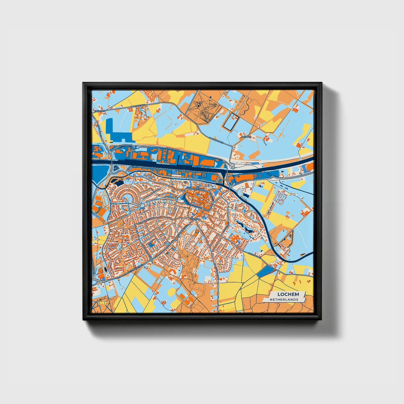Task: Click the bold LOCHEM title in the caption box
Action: (288, 294)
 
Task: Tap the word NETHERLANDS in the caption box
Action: (284, 299)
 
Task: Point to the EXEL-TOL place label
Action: (100, 111)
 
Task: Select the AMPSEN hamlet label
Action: (246, 137)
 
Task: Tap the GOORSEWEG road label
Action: (241, 182)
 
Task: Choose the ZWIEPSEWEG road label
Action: (255, 256)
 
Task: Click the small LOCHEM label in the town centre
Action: (195, 219)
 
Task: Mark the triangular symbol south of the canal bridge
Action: (116, 169)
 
